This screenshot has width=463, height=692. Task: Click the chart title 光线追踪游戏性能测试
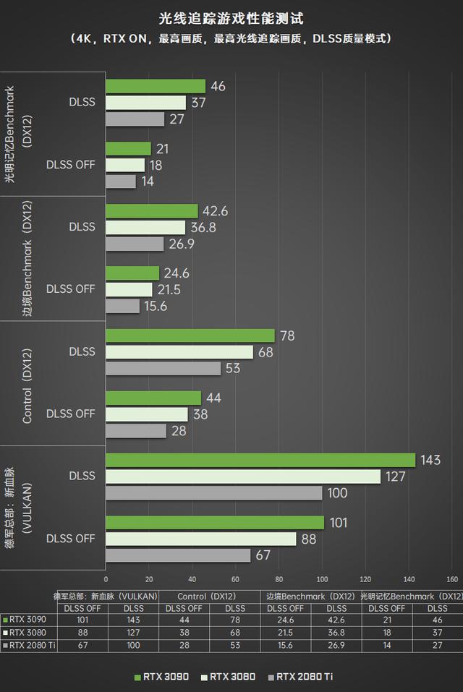(231, 17)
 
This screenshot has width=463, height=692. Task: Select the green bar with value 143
(260, 460)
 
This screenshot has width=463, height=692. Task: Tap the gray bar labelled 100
(214, 493)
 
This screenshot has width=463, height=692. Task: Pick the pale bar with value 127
(243, 477)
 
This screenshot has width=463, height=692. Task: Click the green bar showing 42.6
(152, 210)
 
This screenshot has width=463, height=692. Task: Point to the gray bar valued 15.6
(123, 307)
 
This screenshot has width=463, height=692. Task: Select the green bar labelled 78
(190, 336)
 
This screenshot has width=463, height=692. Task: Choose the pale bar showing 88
(201, 539)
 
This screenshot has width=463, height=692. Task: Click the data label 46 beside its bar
(218, 86)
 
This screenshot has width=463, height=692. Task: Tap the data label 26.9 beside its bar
(182, 244)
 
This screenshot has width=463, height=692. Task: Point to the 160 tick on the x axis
(453, 578)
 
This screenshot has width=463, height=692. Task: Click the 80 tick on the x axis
(279, 578)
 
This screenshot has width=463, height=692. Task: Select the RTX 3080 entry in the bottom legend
(229, 677)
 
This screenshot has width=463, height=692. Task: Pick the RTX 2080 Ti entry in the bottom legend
(300, 677)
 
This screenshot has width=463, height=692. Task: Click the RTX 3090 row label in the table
(28, 620)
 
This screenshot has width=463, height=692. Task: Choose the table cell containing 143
(133, 620)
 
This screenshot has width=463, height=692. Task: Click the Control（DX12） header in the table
(209, 597)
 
